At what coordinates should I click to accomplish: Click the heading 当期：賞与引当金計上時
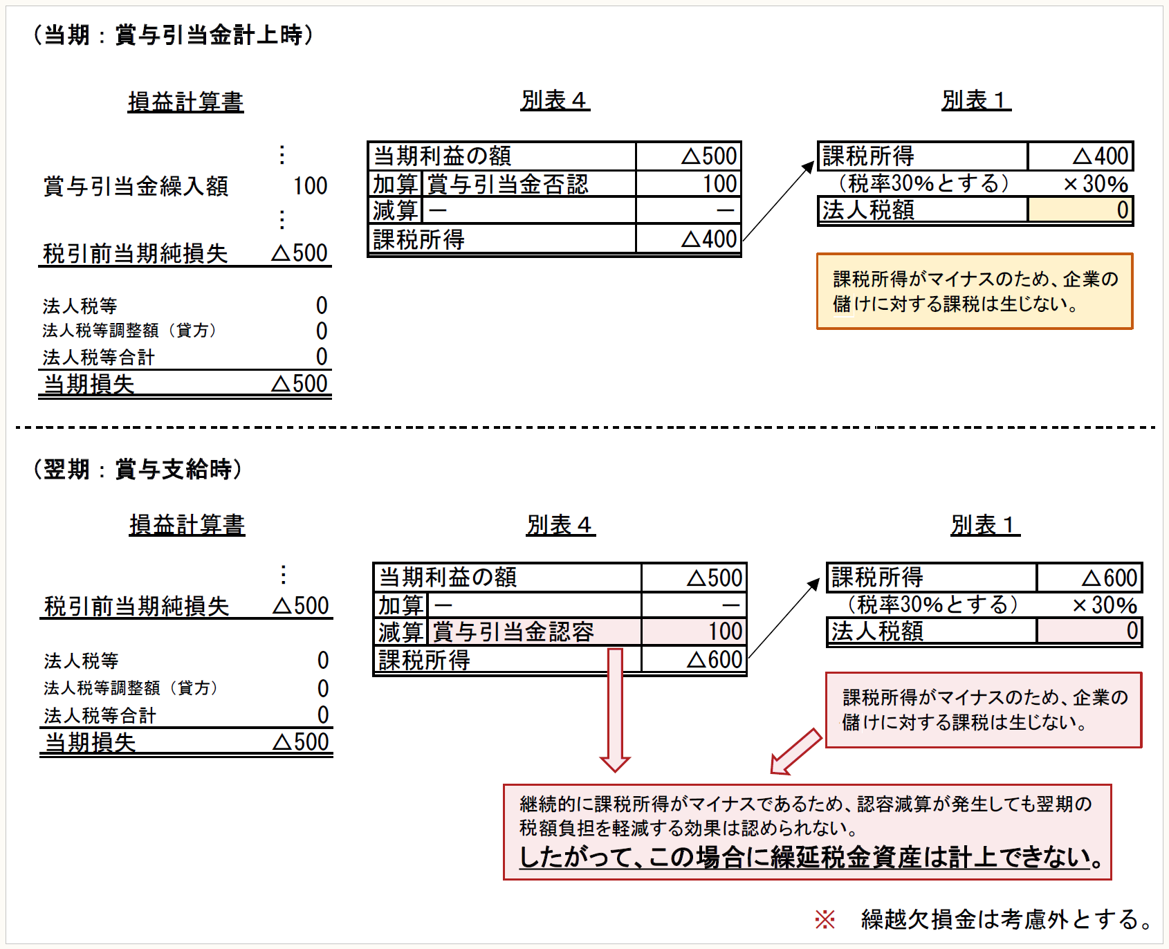[x=173, y=35]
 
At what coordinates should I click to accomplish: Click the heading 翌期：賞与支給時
[x=138, y=469]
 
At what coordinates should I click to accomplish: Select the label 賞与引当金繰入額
[x=136, y=186]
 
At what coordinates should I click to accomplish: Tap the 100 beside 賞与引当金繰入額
[x=310, y=186]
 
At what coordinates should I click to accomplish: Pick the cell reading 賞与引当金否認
[x=508, y=184]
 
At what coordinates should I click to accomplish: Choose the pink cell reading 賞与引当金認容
[x=513, y=632]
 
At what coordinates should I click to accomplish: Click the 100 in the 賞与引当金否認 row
[x=719, y=184]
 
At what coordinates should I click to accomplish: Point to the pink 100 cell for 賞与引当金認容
[x=724, y=632]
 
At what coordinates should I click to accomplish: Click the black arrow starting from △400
[x=778, y=201]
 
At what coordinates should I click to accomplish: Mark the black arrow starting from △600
[x=784, y=620]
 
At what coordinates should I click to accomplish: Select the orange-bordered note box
[x=975, y=291]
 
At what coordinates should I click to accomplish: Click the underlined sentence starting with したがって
[x=810, y=858]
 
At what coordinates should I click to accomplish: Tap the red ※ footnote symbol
[x=825, y=919]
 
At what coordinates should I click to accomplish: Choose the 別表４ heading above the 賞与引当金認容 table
[x=560, y=525]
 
